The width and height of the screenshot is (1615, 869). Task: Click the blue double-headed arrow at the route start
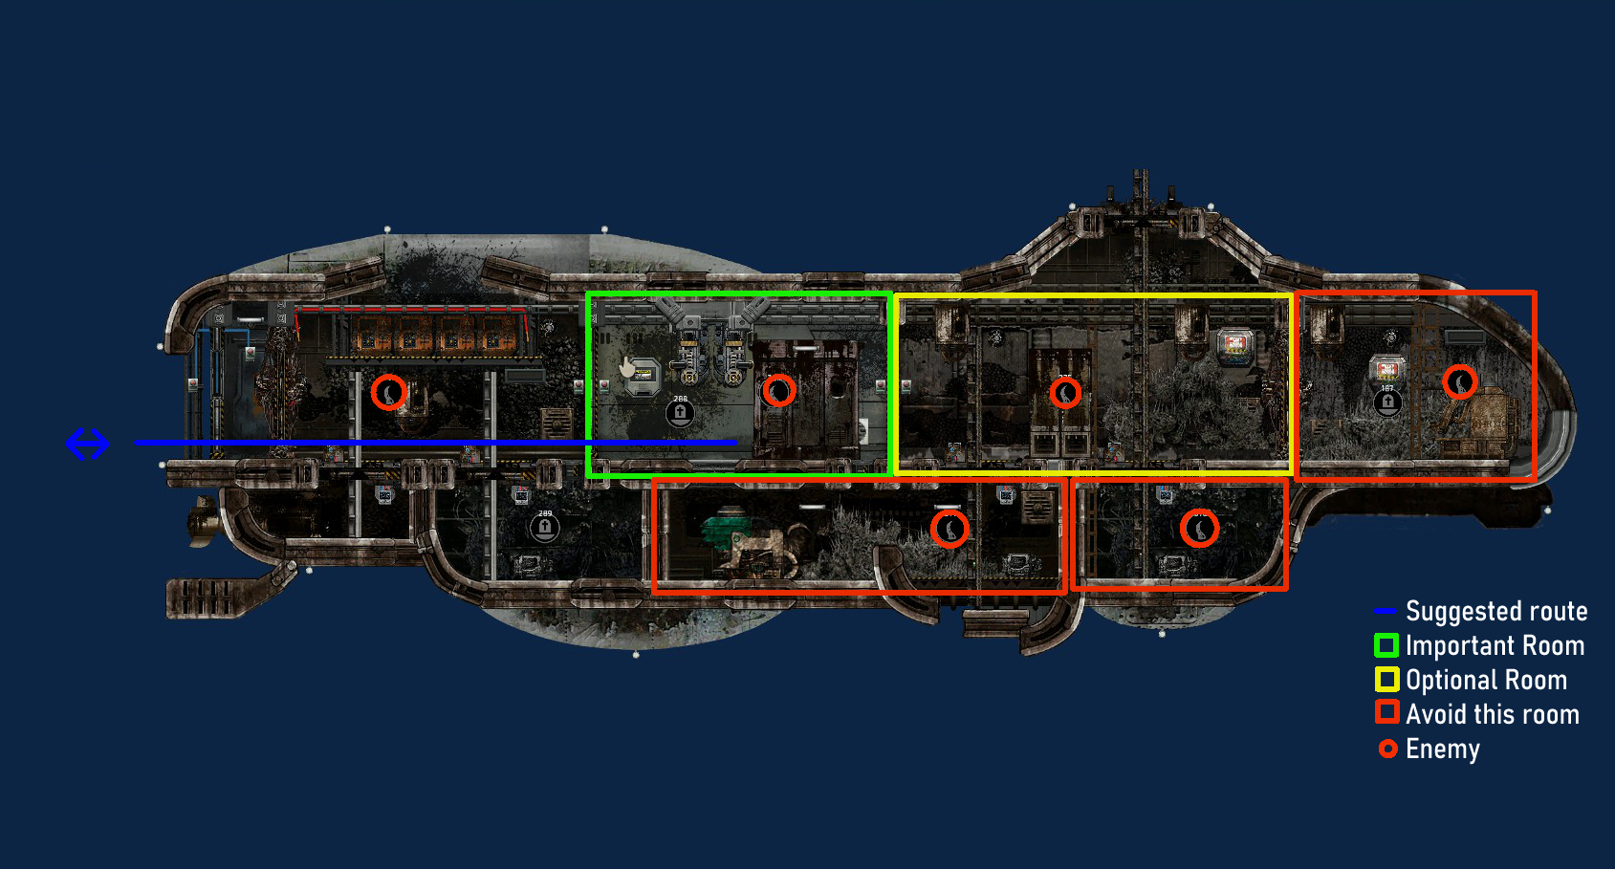tap(87, 444)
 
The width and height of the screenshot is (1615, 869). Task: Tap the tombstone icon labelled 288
tap(680, 413)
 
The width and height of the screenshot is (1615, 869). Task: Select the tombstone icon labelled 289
tap(545, 527)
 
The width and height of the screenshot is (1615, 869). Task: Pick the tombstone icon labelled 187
tap(1387, 402)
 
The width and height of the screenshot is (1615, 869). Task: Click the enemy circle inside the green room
tap(779, 390)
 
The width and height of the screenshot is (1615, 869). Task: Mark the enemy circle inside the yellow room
tap(1065, 392)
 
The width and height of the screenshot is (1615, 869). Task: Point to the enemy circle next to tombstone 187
tap(1459, 382)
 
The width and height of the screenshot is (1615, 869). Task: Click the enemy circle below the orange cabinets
tap(388, 392)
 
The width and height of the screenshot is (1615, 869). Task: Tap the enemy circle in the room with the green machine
tap(949, 529)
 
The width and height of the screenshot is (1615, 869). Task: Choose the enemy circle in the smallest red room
tap(1199, 528)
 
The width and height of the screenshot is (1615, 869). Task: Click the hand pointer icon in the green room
tap(628, 368)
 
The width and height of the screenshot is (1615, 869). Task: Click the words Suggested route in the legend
tap(1495, 611)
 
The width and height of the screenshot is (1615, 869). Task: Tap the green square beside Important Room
tap(1386, 645)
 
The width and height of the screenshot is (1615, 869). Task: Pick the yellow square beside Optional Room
tap(1386, 680)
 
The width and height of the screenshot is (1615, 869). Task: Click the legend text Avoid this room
tap(1492, 714)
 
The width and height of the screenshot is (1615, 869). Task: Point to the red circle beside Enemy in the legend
tap(1387, 749)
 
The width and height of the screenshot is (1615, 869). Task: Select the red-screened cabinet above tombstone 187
tap(1386, 369)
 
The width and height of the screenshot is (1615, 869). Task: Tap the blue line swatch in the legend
tap(1385, 611)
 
